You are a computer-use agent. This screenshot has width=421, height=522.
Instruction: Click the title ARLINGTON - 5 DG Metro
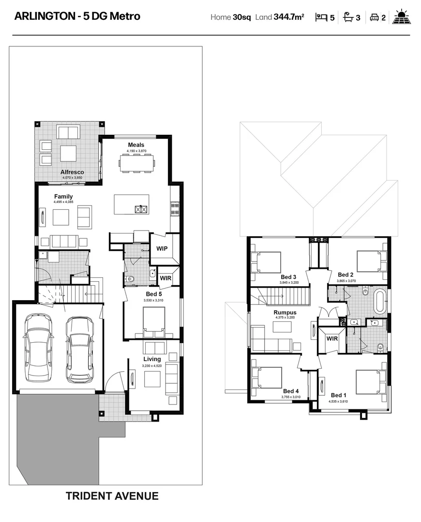[x=77, y=16]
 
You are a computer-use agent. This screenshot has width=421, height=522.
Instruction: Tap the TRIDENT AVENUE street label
[x=112, y=496]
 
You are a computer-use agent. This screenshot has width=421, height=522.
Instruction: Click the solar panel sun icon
[x=401, y=17]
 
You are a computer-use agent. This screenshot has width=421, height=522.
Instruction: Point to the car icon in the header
[x=374, y=18]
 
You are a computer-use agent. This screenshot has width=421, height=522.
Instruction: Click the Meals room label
[x=136, y=145]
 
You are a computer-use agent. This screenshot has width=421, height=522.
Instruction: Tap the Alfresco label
[x=72, y=172]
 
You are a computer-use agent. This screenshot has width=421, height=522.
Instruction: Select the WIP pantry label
[x=162, y=248]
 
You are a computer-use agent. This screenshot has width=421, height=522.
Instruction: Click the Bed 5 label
[x=154, y=294]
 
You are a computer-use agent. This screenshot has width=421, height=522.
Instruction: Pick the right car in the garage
[x=79, y=349]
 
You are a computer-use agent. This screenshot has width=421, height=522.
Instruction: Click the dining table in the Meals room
[x=136, y=162]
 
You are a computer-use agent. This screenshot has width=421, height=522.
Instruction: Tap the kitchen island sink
[x=141, y=209]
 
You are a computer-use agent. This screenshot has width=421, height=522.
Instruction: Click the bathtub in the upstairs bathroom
[x=379, y=301]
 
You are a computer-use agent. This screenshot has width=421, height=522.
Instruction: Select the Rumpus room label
[x=285, y=313]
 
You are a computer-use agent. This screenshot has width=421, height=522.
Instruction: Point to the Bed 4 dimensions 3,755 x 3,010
[x=291, y=397]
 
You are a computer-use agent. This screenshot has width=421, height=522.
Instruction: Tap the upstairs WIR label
[x=332, y=339]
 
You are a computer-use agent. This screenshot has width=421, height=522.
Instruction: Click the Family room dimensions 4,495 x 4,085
[x=63, y=202]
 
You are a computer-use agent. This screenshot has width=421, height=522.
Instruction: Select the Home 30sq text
[x=230, y=17]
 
